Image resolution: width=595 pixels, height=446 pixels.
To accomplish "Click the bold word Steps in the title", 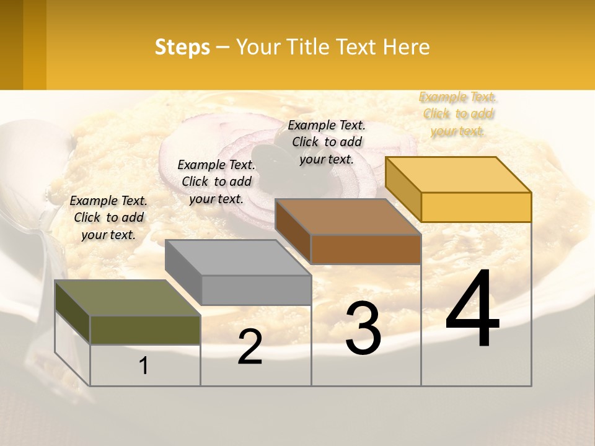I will [x=182, y=47].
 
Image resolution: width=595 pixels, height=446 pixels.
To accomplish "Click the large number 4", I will [x=472, y=310].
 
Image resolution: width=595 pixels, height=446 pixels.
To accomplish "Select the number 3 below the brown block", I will [x=363, y=328].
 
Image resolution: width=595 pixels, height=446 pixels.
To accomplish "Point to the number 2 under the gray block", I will [x=250, y=347].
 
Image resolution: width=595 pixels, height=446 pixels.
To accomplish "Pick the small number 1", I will [x=144, y=366].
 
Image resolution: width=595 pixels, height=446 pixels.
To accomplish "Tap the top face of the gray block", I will [x=237, y=258].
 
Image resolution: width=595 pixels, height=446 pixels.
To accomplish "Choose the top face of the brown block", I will [x=348, y=217].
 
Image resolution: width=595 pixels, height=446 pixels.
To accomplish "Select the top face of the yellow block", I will [x=458, y=175].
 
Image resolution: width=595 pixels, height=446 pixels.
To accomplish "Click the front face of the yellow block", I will [x=476, y=207].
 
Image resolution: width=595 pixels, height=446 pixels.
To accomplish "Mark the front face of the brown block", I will [x=366, y=249].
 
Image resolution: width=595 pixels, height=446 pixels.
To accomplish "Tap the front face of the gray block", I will [x=256, y=290].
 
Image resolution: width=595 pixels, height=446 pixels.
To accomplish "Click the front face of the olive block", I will [x=145, y=330].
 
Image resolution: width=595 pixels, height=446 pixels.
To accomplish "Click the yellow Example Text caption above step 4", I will [x=458, y=114].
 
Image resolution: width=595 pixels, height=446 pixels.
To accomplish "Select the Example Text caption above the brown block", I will [x=327, y=142].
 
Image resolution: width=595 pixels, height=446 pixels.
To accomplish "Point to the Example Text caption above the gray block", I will [x=216, y=181].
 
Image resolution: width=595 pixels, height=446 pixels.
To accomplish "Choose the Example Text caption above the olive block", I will [x=108, y=217].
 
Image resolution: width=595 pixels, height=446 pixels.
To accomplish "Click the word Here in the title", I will [x=407, y=47].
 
